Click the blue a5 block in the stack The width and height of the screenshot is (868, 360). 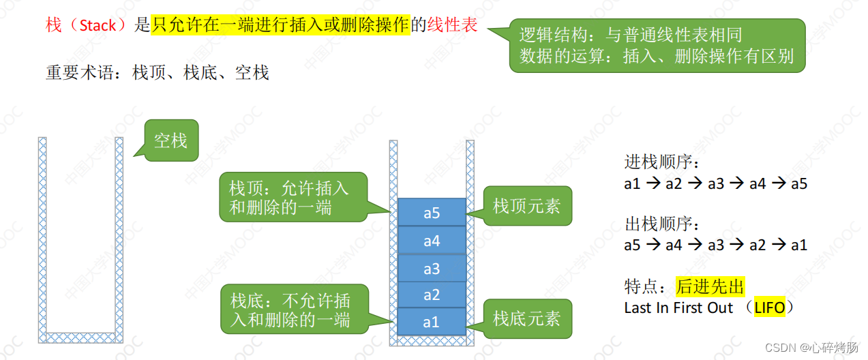click(x=432, y=213)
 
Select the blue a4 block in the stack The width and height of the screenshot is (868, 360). click(x=432, y=241)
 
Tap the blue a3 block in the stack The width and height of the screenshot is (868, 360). click(x=432, y=269)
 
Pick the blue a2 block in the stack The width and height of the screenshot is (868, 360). click(x=432, y=295)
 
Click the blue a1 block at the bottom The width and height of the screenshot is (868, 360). click(x=432, y=322)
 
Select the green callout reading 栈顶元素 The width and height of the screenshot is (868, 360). click(x=526, y=206)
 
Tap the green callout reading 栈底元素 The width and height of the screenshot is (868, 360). click(x=526, y=318)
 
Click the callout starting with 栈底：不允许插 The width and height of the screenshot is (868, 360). click(x=295, y=309)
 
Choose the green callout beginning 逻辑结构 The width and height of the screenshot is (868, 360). click(x=657, y=46)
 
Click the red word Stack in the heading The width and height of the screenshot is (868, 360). click(x=98, y=26)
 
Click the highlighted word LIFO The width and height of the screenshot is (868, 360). click(x=769, y=307)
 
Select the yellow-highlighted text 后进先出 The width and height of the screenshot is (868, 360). click(x=710, y=286)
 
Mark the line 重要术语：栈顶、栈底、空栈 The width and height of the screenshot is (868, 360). click(x=158, y=72)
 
